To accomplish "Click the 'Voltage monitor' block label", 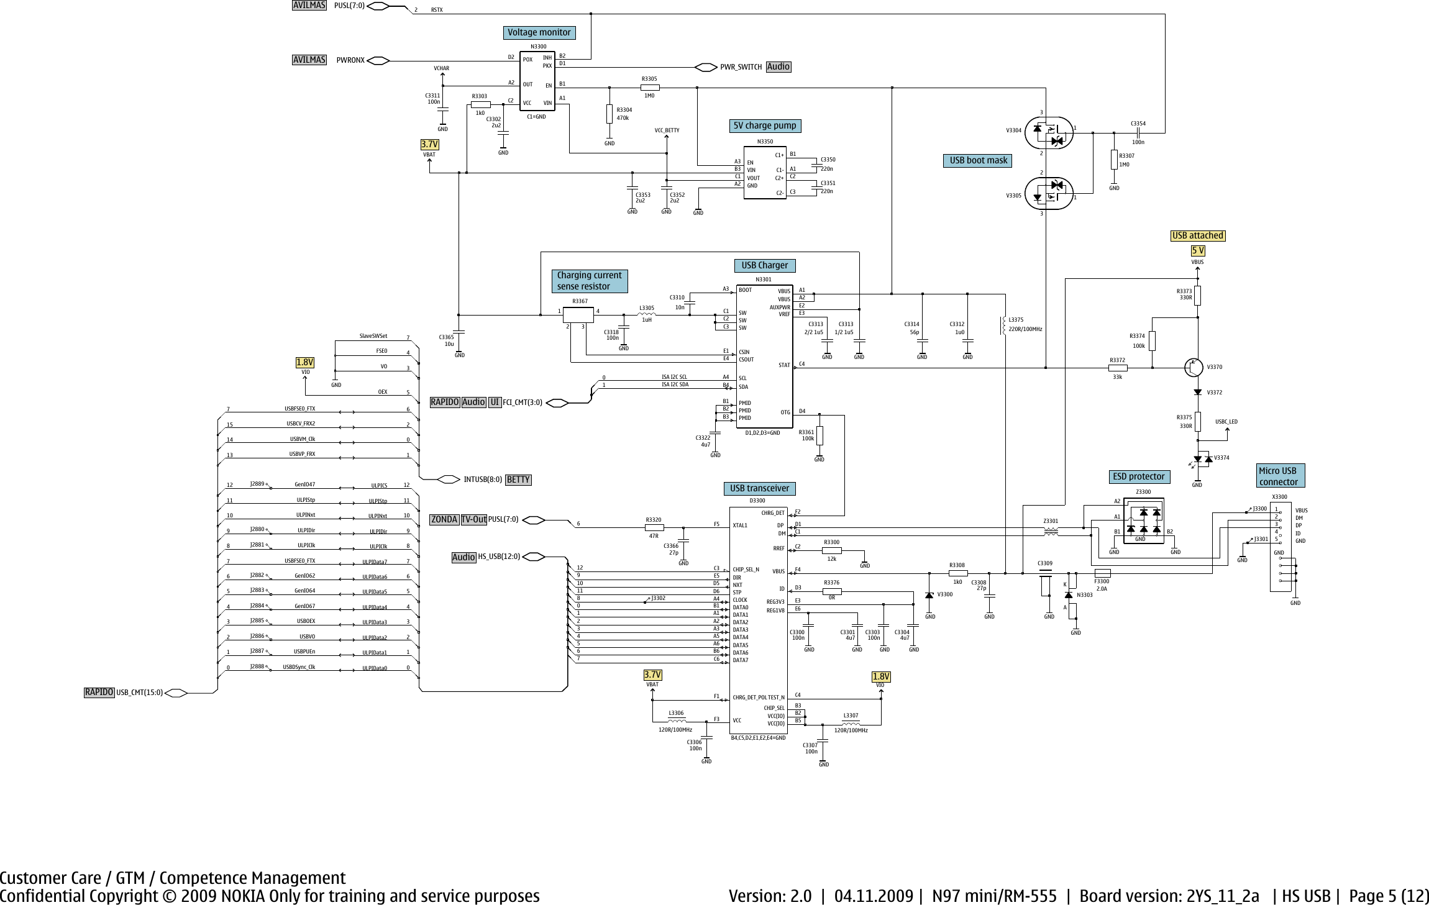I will (x=539, y=32).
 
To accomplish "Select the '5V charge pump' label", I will (x=764, y=125).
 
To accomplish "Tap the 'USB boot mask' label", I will (x=978, y=160).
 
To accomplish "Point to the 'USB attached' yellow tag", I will (x=1197, y=235).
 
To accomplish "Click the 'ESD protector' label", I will (x=1138, y=476).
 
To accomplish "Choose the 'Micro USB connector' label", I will (x=1279, y=476).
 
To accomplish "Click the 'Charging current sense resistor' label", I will (x=589, y=281).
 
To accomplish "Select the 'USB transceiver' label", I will (x=759, y=488).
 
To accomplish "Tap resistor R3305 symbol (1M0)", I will (x=650, y=88).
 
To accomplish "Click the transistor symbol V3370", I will (x=1194, y=367).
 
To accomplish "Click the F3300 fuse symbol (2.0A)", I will (x=1102, y=573).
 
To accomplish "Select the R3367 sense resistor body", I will (x=578, y=315).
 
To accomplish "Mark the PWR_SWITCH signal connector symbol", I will (x=706, y=67).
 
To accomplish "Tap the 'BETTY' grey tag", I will (x=518, y=480).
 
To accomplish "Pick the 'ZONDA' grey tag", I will (x=444, y=519).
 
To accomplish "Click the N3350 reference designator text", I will (x=765, y=142).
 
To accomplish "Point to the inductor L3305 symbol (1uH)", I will (x=646, y=314).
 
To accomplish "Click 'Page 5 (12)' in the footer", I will (x=1389, y=896).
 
